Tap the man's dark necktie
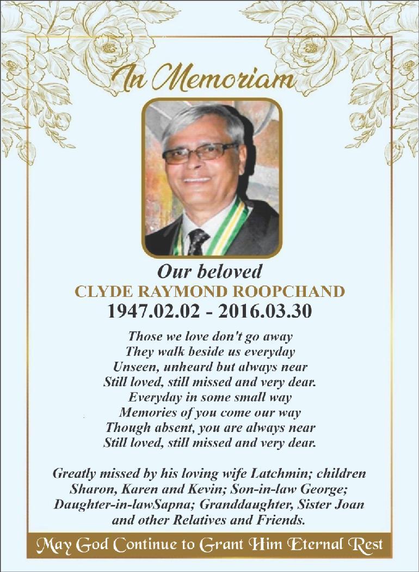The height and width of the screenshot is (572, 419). click(x=197, y=240)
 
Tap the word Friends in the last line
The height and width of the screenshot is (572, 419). click(x=282, y=520)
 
